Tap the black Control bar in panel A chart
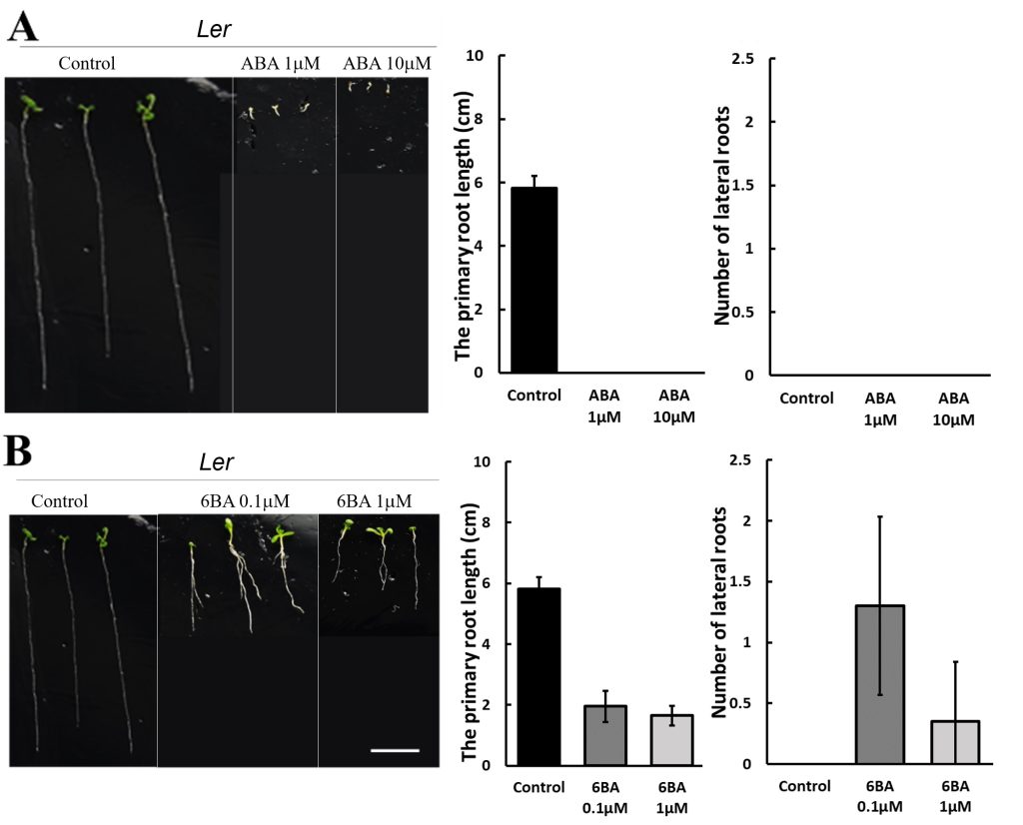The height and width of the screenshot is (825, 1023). click(533, 280)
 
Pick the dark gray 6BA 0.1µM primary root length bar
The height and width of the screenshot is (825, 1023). click(604, 735)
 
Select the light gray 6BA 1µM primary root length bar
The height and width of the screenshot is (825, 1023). click(674, 740)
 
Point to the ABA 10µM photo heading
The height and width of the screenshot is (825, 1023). click(387, 63)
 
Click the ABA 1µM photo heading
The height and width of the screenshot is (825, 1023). click(281, 63)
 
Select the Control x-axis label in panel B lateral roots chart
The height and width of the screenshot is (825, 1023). click(805, 785)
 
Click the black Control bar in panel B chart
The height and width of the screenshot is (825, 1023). click(534, 676)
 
